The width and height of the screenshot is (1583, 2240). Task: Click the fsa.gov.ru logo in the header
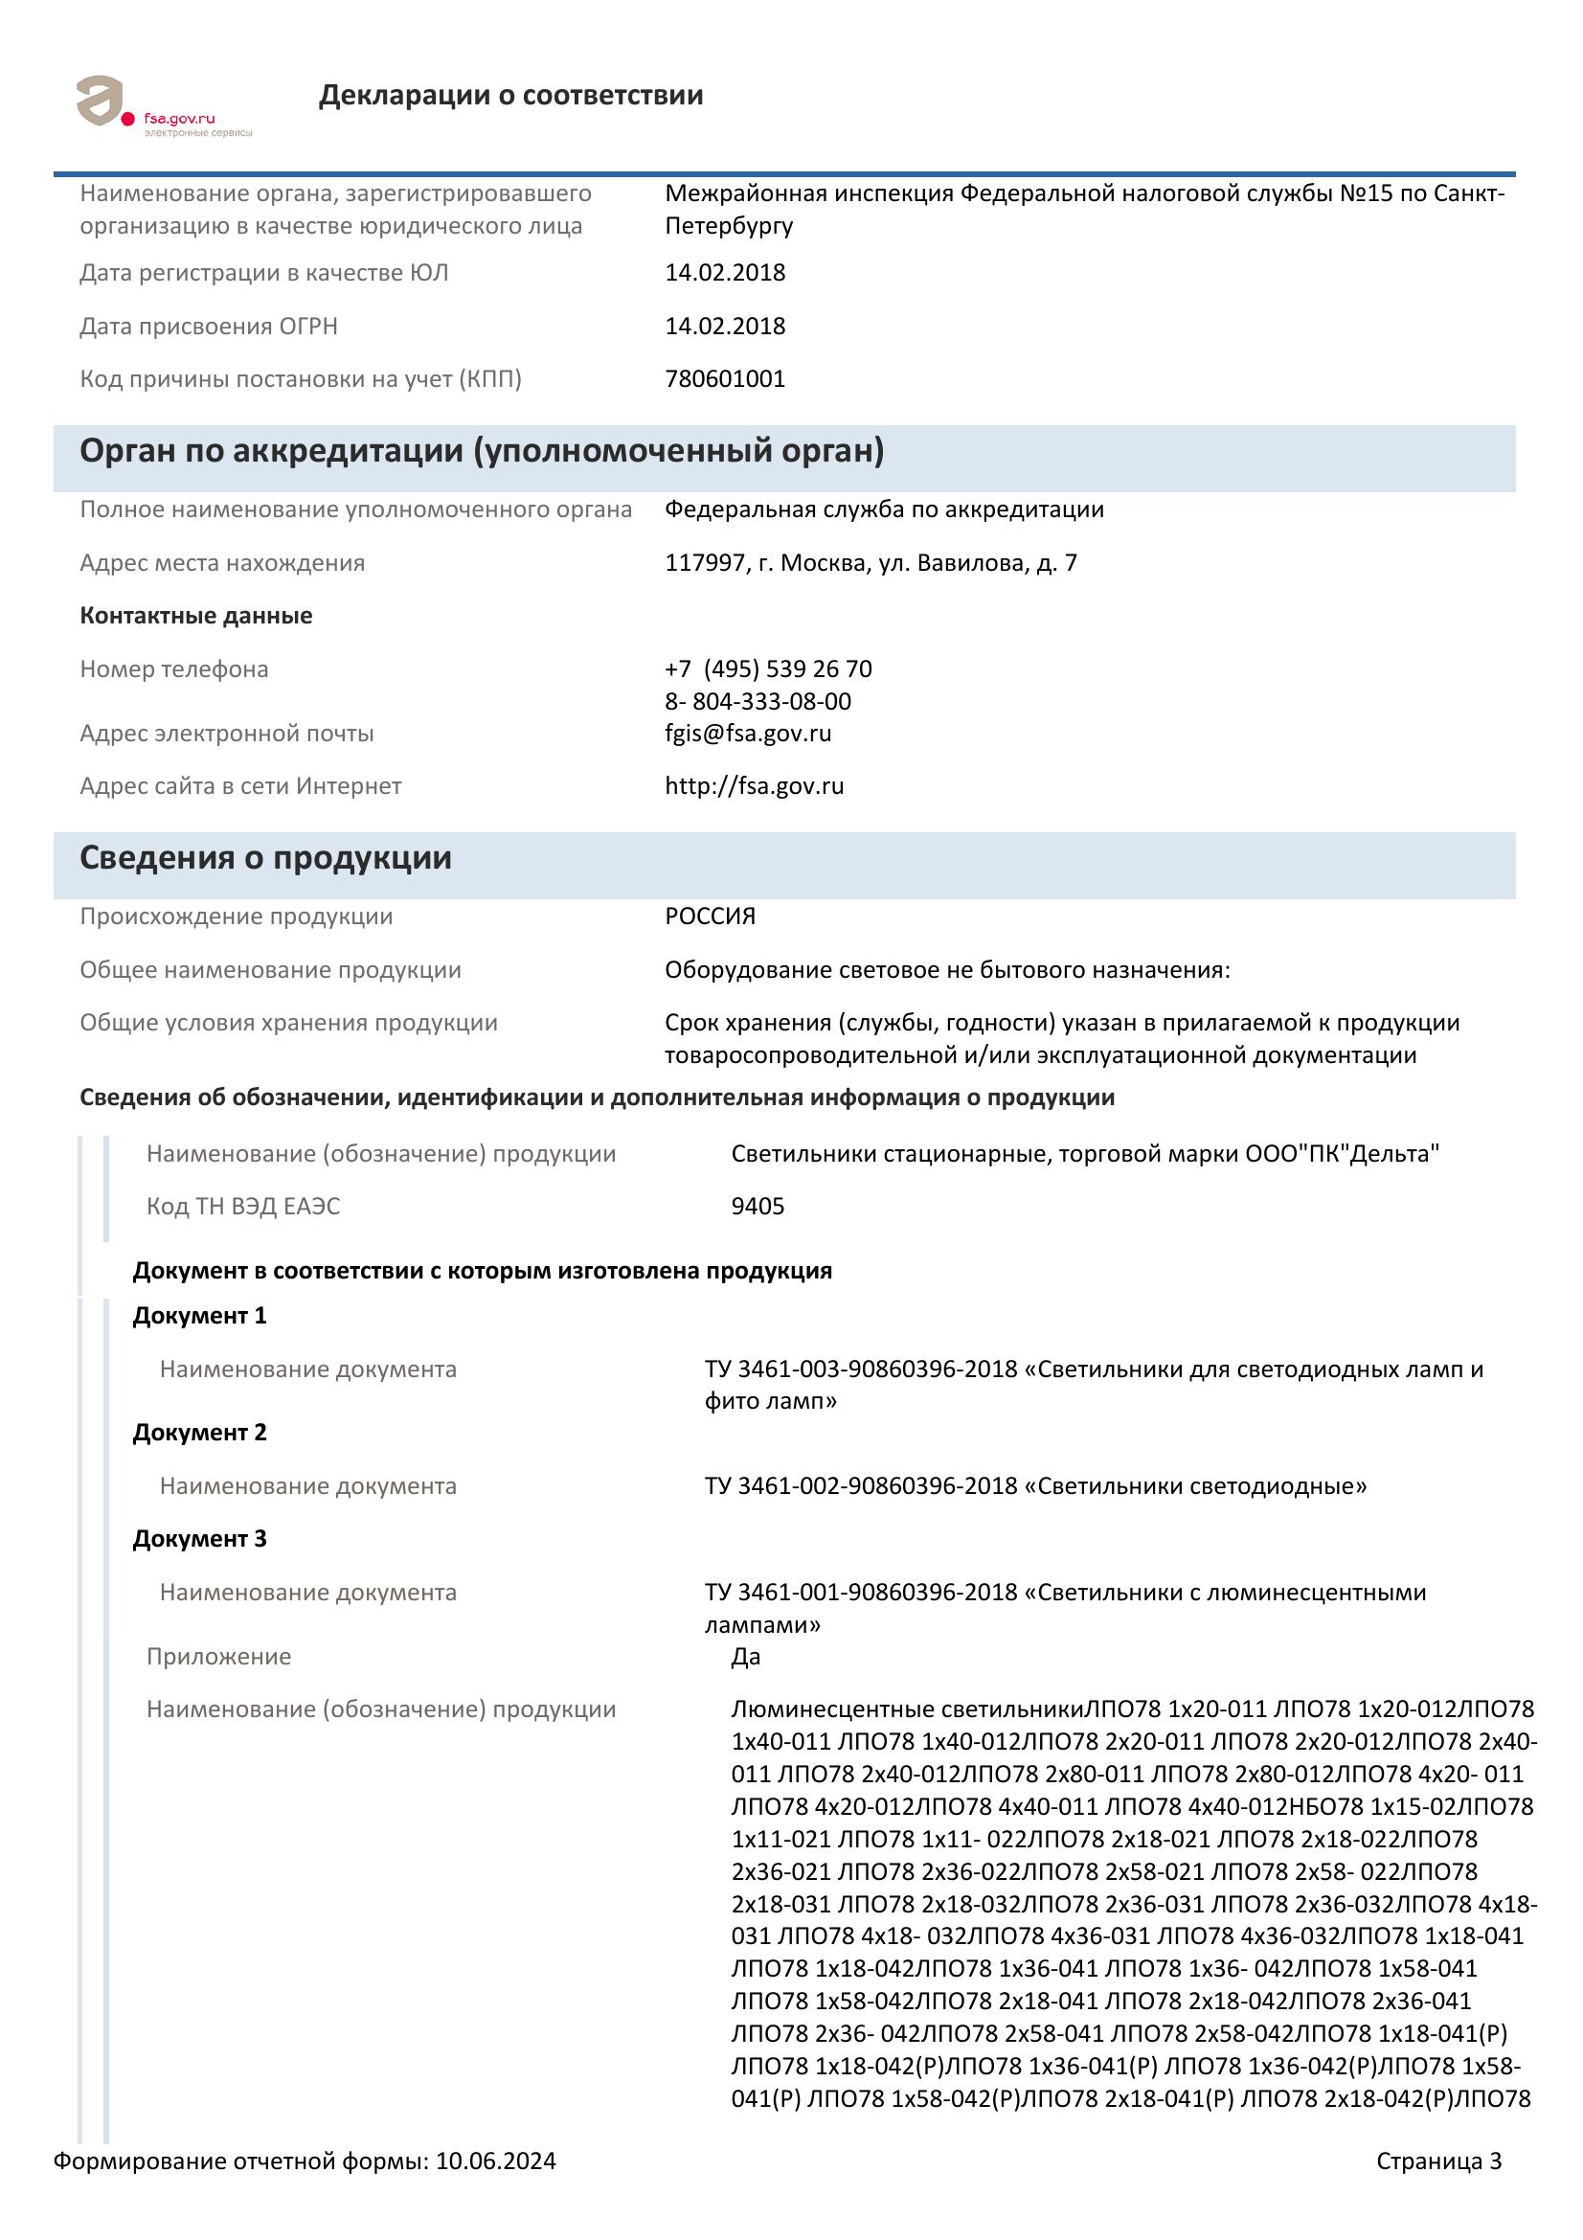(x=161, y=105)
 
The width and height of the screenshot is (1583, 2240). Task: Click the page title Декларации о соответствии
(x=510, y=96)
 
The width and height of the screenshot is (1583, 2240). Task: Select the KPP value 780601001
(x=725, y=378)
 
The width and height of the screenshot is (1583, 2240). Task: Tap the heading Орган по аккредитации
(x=482, y=452)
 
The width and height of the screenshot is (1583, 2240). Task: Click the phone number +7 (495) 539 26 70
(x=769, y=669)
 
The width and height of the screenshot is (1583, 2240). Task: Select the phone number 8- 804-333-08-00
(x=758, y=701)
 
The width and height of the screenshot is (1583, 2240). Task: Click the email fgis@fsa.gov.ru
(x=748, y=734)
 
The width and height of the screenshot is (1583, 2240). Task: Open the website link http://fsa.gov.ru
(x=754, y=786)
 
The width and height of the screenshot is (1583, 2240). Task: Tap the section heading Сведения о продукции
(x=265, y=858)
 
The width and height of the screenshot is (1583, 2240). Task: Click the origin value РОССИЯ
(x=710, y=917)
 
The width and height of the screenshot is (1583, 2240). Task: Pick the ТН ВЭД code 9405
(x=758, y=1207)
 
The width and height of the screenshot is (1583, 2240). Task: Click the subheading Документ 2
(x=199, y=1434)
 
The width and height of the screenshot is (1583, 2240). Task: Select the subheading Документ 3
(x=199, y=1540)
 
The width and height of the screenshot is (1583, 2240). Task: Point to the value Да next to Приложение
(x=746, y=1657)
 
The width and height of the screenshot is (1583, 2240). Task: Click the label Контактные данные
(x=196, y=616)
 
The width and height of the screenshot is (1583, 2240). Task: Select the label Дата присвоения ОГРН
(x=209, y=326)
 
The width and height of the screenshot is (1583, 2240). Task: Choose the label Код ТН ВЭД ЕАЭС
(x=243, y=1207)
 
